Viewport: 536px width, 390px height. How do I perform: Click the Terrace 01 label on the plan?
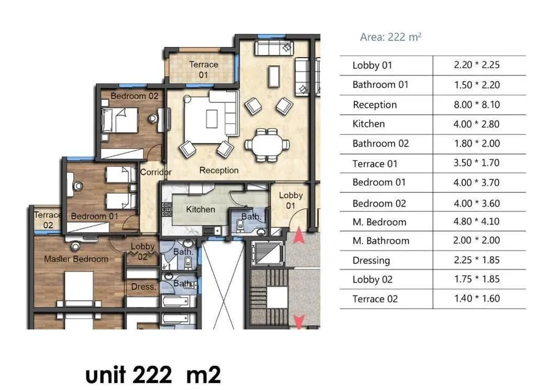203,70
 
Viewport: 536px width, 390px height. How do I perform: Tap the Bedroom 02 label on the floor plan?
134,96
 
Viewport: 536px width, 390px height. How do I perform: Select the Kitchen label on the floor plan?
200,209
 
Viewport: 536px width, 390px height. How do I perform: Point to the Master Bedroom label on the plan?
76,259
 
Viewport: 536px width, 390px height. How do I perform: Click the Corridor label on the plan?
155,172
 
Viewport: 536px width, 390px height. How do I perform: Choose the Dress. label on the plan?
143,287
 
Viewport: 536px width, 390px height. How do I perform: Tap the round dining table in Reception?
266,144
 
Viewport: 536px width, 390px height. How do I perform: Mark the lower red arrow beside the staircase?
299,321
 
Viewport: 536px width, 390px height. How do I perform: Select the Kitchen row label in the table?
368,124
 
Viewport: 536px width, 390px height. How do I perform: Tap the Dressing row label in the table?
371,260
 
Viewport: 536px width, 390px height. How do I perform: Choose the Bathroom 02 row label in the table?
381,143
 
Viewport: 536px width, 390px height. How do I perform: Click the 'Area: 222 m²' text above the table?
390,37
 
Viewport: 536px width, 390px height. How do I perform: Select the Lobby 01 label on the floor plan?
291,200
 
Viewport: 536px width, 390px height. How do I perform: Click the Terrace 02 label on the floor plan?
47,220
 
